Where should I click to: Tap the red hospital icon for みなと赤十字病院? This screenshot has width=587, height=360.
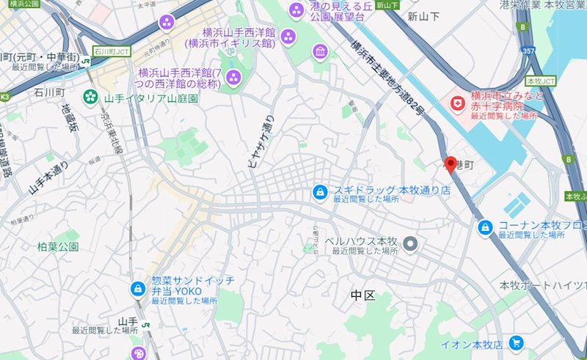459,103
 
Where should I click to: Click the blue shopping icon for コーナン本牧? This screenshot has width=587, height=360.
485,229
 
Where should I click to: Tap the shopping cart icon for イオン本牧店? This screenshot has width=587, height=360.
517,342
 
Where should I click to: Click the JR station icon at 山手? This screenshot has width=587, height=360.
146,324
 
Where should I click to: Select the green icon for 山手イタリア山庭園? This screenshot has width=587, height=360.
91,96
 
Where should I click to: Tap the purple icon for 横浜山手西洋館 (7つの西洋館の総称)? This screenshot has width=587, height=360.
234,77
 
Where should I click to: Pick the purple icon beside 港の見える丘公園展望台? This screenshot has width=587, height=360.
296,10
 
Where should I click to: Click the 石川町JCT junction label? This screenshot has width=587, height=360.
112,52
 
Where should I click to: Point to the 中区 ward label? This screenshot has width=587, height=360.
362,295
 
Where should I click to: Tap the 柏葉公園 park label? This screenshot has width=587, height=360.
58,247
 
